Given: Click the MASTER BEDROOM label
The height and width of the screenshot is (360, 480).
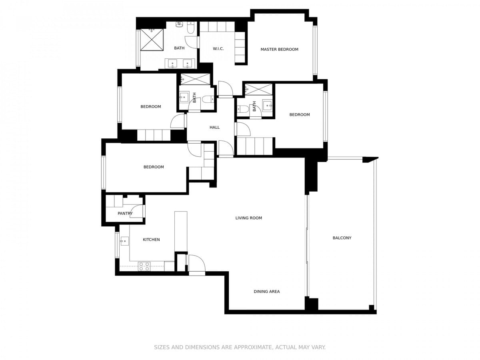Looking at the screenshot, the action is coord(279,49).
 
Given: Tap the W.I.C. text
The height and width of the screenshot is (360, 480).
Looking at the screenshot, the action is coord(218,48).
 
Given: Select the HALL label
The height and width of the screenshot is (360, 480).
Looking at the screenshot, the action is coord(214,127).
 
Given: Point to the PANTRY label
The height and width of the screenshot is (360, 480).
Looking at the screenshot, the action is coord(125,213).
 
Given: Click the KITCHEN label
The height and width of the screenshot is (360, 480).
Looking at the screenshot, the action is coord(151,240).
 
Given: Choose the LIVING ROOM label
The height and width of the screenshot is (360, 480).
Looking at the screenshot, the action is coord(249,218).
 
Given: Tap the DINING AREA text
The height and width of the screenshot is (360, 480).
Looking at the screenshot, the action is coord(266,291).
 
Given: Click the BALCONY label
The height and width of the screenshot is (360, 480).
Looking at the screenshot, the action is coord(342,238).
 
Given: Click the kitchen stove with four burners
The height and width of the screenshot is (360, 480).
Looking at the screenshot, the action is coord(144,266).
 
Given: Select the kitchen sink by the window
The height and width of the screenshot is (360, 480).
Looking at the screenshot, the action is coord(124,241).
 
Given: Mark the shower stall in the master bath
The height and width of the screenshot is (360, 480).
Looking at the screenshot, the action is coord(152,40).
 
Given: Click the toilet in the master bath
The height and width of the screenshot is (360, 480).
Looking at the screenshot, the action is coord(191,28).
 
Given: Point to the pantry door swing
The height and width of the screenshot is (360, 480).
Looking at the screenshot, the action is coord(137,211).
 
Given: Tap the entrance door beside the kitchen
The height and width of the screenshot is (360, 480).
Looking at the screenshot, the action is coord(197,263).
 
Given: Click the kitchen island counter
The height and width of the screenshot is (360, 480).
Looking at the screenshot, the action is coord(181,232).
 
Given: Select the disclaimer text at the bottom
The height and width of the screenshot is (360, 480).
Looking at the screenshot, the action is coord(240,347).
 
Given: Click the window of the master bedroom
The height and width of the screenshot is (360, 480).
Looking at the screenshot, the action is coord(315,50).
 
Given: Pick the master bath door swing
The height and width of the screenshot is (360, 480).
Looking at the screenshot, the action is coord(192,42).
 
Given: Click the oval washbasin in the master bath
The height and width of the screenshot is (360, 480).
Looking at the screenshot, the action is coord(179,24).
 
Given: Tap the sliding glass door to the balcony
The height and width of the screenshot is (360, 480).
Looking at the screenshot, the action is coord(307,246).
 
